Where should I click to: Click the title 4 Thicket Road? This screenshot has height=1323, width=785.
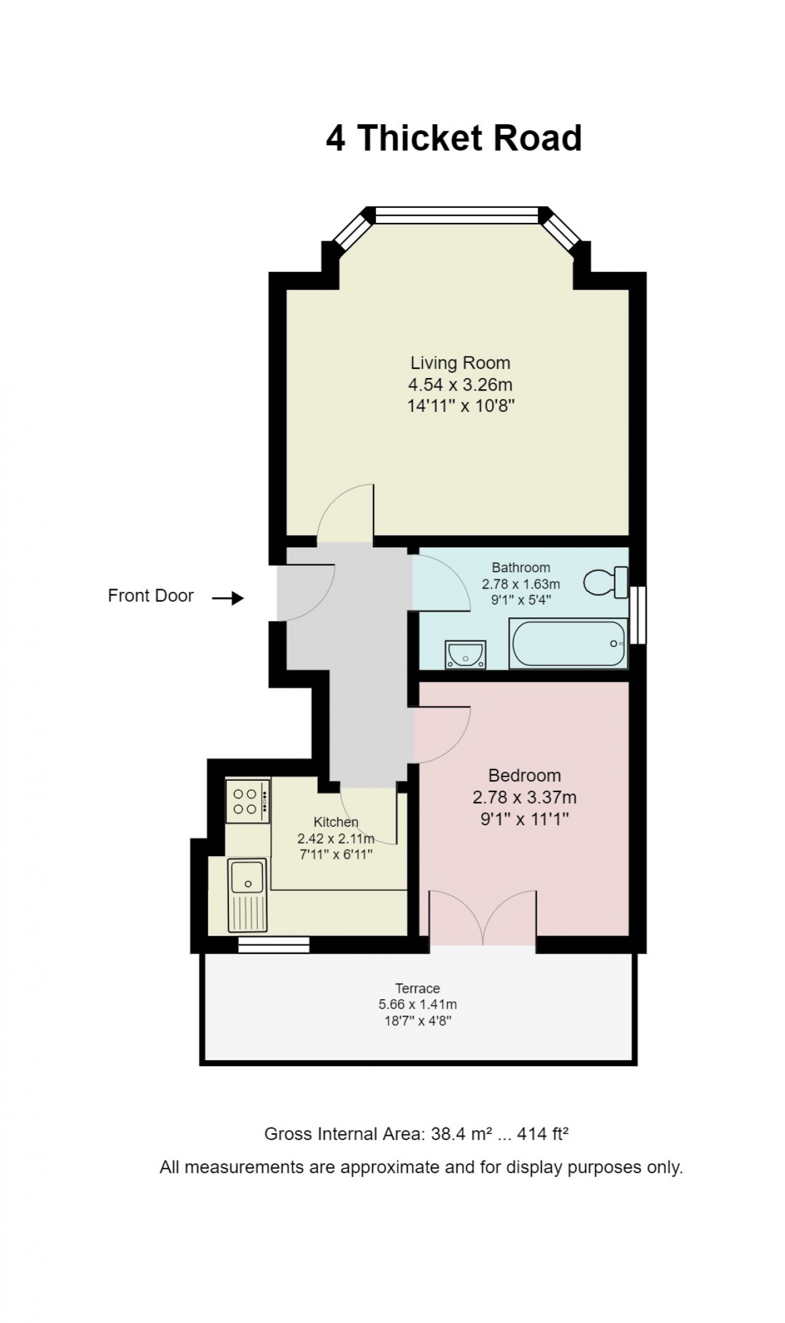coord(454,138)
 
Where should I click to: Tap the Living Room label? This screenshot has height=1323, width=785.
coord(460,363)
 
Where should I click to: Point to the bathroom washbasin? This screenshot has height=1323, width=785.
coord(465,654)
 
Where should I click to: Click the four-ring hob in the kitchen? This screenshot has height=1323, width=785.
coord(247,801)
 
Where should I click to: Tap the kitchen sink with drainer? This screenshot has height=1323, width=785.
coord(247,895)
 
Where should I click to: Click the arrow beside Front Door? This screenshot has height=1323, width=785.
coord(228,598)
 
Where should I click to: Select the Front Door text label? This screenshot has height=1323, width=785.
coord(150,596)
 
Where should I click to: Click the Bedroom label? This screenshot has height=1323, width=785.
coord(525,776)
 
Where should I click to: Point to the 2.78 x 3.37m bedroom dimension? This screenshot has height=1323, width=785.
coord(525,797)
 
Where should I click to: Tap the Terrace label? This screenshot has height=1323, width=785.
coord(417,988)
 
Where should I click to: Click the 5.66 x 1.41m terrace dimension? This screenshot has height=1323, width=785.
coord(417,1005)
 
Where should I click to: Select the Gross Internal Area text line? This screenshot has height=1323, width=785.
coord(416,1134)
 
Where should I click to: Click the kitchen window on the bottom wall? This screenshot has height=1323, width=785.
coord(273,944)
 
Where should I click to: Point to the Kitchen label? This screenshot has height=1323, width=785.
coord(336,822)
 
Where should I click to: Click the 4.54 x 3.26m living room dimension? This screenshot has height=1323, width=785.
coord(460,385)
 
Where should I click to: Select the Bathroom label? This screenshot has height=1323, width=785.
coord(521,568)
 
